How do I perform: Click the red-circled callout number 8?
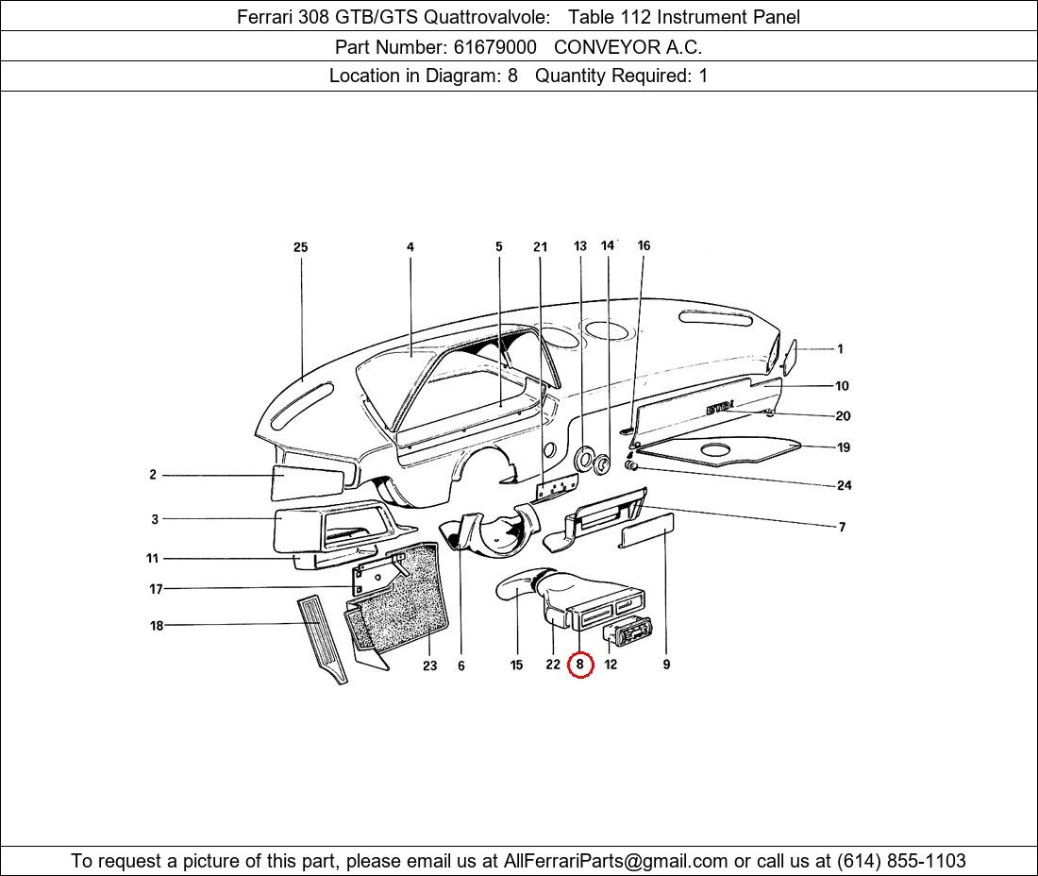click(x=580, y=665)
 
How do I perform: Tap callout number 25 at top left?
click(x=300, y=247)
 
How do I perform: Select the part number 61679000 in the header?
click(x=494, y=47)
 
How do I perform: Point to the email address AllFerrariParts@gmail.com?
click(x=615, y=861)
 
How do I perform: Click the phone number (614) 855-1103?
click(x=901, y=861)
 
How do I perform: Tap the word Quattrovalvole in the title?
click(x=487, y=17)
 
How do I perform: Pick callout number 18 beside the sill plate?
click(x=157, y=625)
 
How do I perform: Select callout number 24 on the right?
click(x=844, y=485)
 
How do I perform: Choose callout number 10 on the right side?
click(x=842, y=386)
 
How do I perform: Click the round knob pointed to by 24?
click(x=631, y=467)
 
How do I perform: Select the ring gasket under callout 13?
click(x=584, y=459)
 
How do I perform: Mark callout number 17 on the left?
click(x=156, y=589)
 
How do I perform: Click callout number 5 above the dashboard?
click(x=498, y=246)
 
